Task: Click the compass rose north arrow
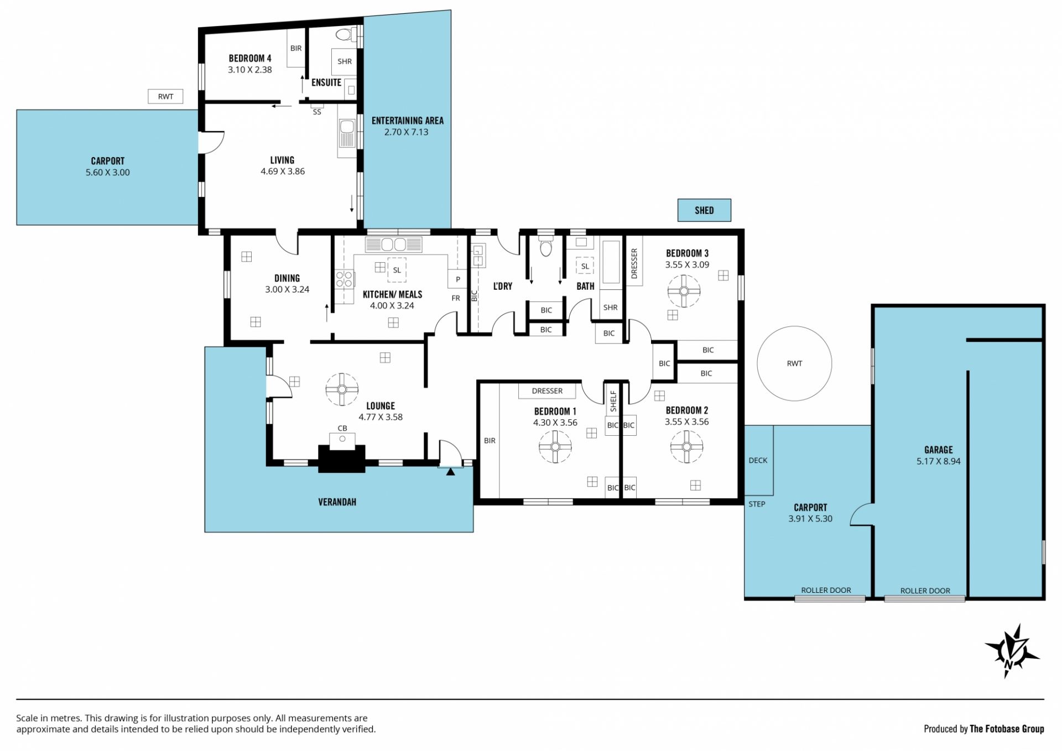coord(1012,651)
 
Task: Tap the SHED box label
coord(704,210)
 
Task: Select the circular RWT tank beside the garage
coord(794,363)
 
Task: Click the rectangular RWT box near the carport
coord(165,96)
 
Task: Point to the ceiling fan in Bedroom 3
coord(684,291)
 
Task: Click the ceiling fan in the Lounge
coord(342,389)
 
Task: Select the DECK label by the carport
coord(758,460)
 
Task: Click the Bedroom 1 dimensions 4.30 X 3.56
coord(555,423)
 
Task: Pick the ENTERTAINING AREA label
coord(407,121)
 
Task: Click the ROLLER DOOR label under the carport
coord(826,590)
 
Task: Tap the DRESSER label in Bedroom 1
coord(547,391)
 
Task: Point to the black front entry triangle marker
coord(450,472)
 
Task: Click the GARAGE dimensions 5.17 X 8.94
coord(938,461)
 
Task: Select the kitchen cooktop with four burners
coord(344,279)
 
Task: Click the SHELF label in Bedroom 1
coord(613,401)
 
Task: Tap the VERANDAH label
coord(337,502)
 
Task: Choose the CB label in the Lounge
coord(342,428)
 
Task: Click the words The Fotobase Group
coord(1007,729)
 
